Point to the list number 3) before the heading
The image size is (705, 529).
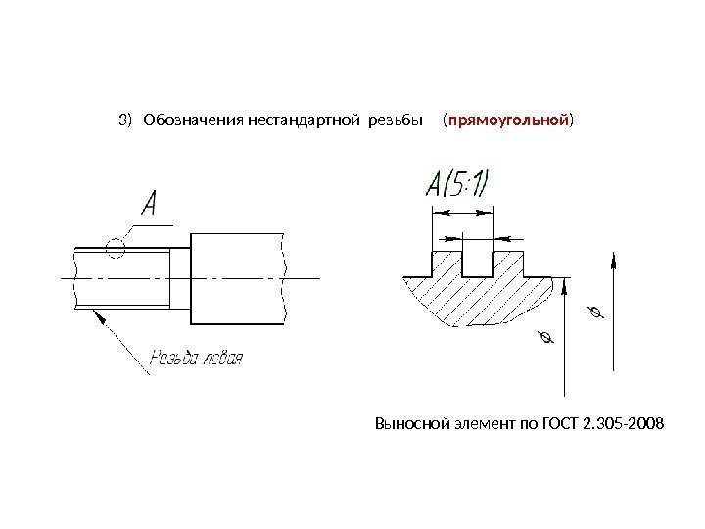point(123,120)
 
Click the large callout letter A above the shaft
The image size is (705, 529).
point(152,204)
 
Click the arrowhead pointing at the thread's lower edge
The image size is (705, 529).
point(96,315)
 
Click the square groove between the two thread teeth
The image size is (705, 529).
point(477,264)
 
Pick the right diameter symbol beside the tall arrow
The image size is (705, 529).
point(592,313)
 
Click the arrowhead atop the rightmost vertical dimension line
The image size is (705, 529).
point(614,259)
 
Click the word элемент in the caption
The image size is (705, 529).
point(480,424)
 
